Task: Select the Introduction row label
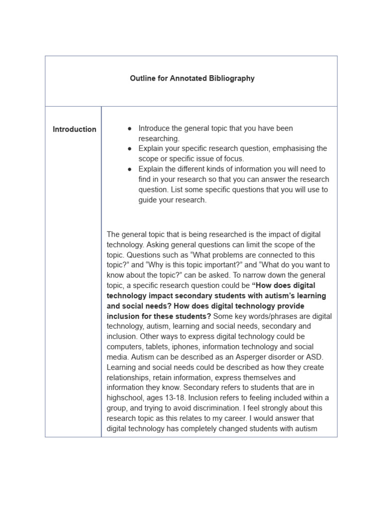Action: [x=75, y=129]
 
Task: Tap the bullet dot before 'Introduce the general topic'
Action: [x=129, y=128]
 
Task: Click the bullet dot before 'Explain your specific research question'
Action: [x=129, y=149]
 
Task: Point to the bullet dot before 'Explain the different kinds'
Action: [x=129, y=169]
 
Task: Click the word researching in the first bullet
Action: [x=158, y=139]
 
